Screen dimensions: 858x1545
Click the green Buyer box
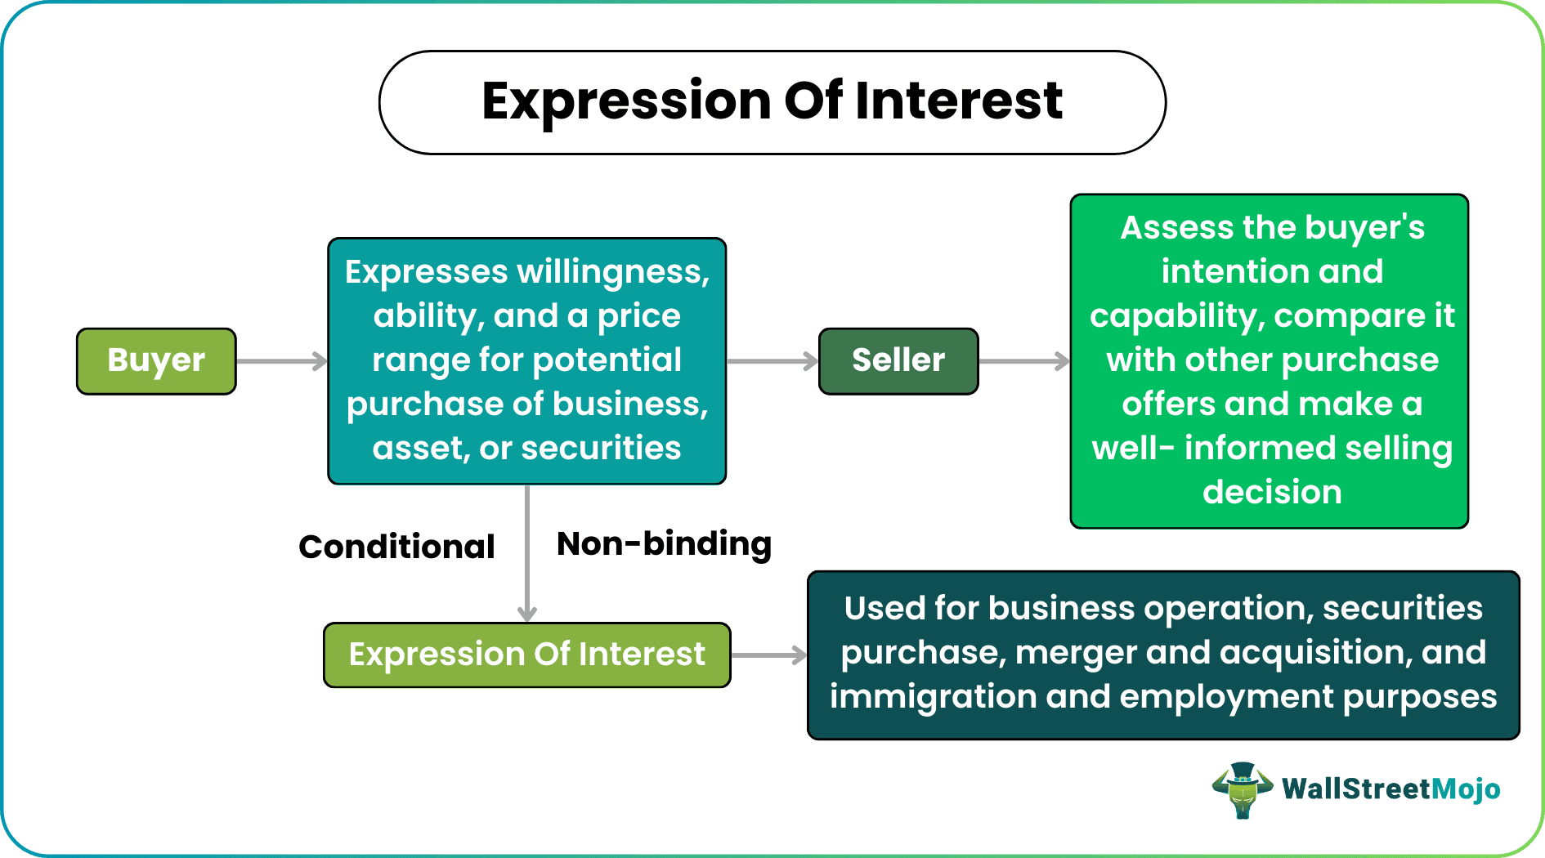point(156,361)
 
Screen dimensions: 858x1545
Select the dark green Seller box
point(898,361)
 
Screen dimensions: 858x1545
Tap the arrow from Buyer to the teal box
point(281,361)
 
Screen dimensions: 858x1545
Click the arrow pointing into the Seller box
point(772,361)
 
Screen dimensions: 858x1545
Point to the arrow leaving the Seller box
point(1023,361)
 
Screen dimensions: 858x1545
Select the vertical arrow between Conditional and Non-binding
point(527,552)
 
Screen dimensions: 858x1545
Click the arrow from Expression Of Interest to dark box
point(768,655)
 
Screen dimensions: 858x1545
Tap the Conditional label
point(396,547)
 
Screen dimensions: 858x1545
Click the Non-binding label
point(664,544)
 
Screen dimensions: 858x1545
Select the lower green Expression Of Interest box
point(526,655)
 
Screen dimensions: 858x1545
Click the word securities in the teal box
point(601,448)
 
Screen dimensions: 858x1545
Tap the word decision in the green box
point(1271,492)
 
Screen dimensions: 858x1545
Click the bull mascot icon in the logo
point(1242,789)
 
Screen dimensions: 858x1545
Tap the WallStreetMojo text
point(1390,789)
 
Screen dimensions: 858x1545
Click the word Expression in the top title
point(625,101)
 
